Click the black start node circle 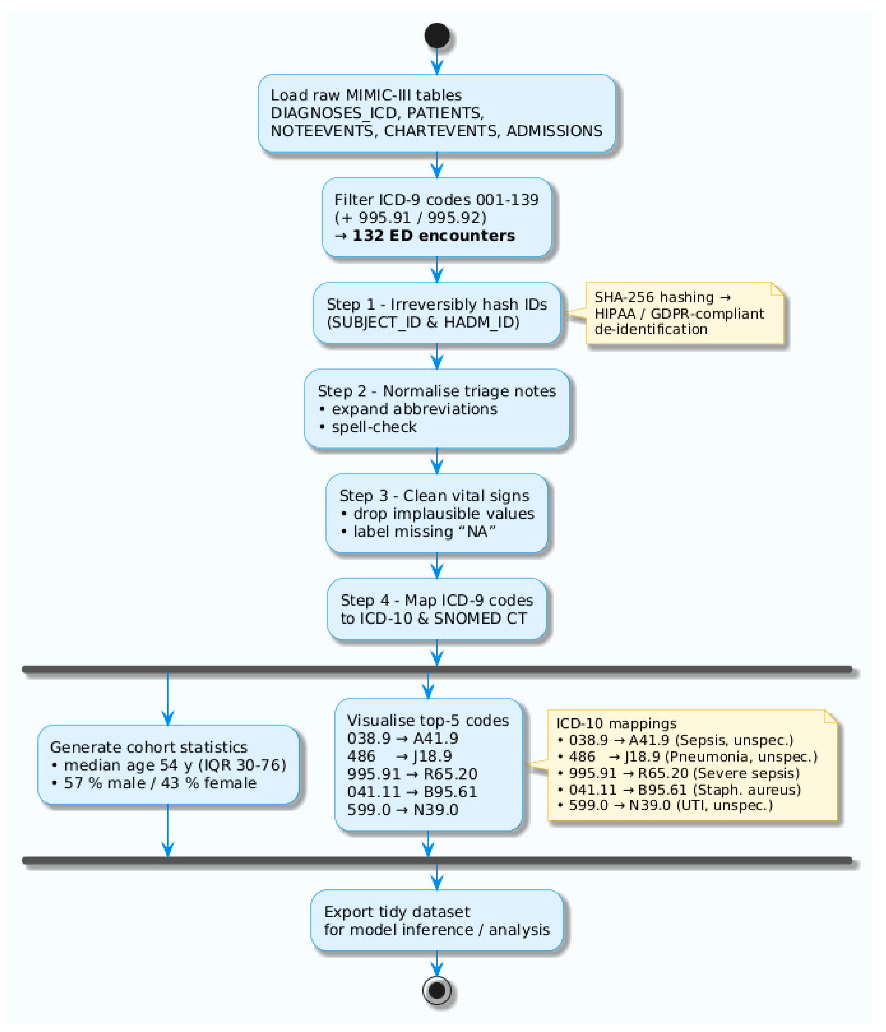point(437,35)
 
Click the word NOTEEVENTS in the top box point(322,131)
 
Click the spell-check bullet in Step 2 point(374,427)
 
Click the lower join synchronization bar point(437,860)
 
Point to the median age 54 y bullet point(174,765)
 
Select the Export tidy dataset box point(437,921)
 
